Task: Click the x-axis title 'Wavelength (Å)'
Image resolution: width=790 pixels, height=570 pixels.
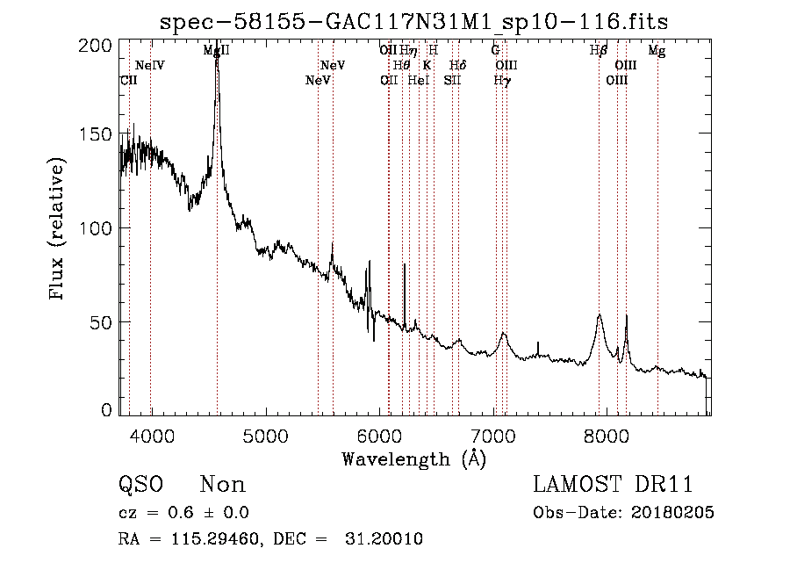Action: point(413,458)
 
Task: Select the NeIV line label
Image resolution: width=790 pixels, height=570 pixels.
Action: point(150,66)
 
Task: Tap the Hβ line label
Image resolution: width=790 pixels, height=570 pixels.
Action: point(599,51)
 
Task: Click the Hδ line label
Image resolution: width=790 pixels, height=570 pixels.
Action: point(457,66)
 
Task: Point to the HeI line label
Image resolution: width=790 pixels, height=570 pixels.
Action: point(418,81)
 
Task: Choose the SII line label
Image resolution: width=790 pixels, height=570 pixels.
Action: point(451,81)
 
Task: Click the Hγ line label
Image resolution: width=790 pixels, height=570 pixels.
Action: point(501,81)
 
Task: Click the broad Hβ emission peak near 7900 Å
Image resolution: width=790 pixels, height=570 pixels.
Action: point(600,315)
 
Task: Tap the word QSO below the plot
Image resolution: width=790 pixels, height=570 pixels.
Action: point(139,485)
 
